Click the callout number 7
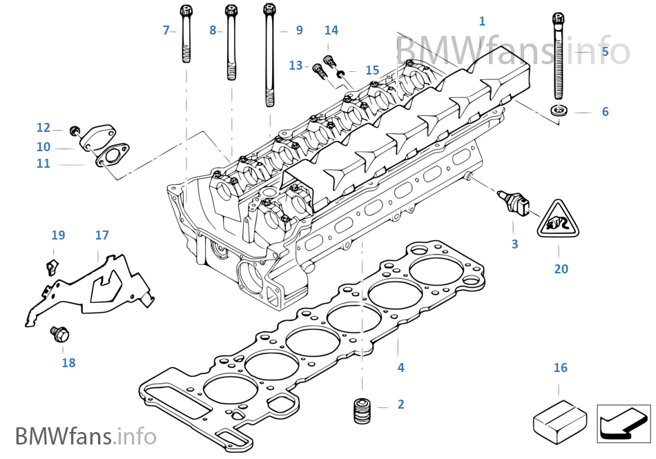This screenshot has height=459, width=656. (x=166, y=30)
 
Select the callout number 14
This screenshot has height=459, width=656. (x=331, y=30)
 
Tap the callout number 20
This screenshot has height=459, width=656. (x=561, y=269)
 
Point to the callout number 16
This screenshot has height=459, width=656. (x=561, y=368)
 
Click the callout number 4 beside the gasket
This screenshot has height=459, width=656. (x=401, y=368)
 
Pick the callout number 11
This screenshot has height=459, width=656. (x=44, y=164)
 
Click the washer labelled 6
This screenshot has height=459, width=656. (x=559, y=110)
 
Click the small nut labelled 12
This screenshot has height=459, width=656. (x=76, y=130)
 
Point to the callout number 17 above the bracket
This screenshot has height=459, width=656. (x=102, y=235)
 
